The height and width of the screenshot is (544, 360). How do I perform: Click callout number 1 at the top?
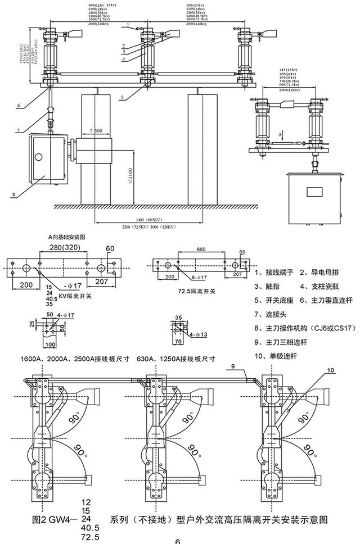(x=128, y=25)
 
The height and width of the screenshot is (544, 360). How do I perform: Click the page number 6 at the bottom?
(x=177, y=541)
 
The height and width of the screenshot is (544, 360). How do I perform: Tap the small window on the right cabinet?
(x=314, y=191)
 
